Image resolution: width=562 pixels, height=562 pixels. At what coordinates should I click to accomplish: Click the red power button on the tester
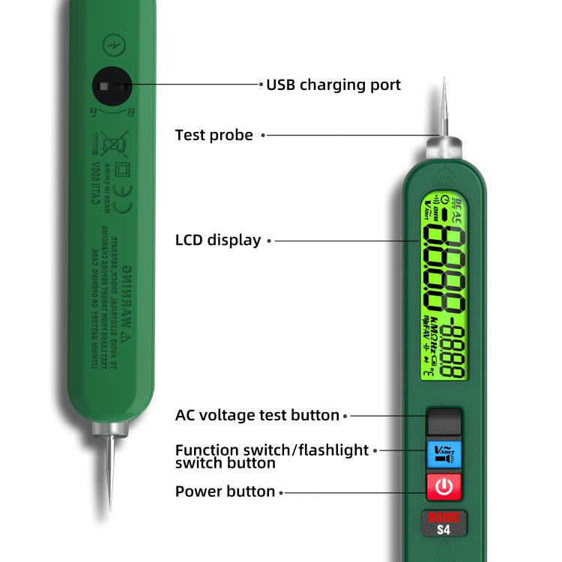[444, 487]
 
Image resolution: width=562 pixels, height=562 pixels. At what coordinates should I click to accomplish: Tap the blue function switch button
[444, 454]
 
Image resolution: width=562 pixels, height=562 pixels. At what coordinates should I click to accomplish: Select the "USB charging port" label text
[333, 85]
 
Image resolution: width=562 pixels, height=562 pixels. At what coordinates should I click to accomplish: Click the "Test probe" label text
[214, 135]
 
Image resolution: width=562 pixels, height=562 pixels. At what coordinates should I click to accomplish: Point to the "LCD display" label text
[218, 241]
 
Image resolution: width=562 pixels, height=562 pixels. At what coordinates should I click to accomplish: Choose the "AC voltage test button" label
[257, 415]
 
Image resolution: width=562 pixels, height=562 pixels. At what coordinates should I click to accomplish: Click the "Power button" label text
[225, 492]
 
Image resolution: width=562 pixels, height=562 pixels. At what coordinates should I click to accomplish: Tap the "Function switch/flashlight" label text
[272, 450]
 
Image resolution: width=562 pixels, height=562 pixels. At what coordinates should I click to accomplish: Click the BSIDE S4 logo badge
[444, 524]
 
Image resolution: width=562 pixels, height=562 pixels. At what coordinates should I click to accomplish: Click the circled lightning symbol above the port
[114, 43]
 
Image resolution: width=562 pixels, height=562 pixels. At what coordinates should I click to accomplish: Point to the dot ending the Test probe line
[262, 136]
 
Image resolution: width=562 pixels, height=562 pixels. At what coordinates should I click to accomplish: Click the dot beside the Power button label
[282, 492]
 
